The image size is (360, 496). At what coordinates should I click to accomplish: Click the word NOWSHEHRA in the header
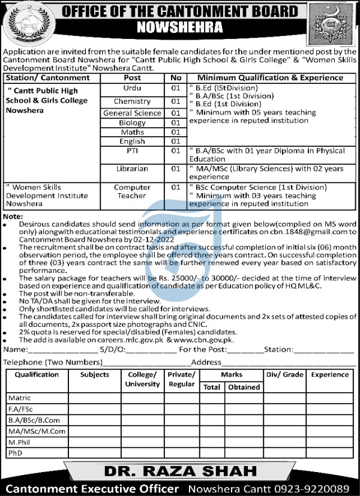click(x=179, y=26)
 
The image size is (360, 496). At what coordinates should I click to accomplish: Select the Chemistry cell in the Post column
click(x=132, y=102)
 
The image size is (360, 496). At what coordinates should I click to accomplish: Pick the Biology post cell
click(x=132, y=123)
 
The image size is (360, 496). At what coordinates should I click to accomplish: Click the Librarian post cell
click(x=132, y=169)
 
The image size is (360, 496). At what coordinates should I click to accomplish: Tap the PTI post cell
click(x=132, y=152)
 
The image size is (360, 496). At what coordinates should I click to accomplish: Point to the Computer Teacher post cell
click(x=132, y=191)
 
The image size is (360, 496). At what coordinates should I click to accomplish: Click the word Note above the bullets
click(x=13, y=215)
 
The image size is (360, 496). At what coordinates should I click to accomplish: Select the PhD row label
click(x=15, y=453)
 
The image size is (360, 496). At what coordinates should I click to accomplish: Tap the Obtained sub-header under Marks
click(x=244, y=387)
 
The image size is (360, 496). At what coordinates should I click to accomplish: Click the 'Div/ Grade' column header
click(x=285, y=375)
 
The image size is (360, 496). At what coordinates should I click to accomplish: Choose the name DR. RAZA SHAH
click(x=179, y=470)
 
